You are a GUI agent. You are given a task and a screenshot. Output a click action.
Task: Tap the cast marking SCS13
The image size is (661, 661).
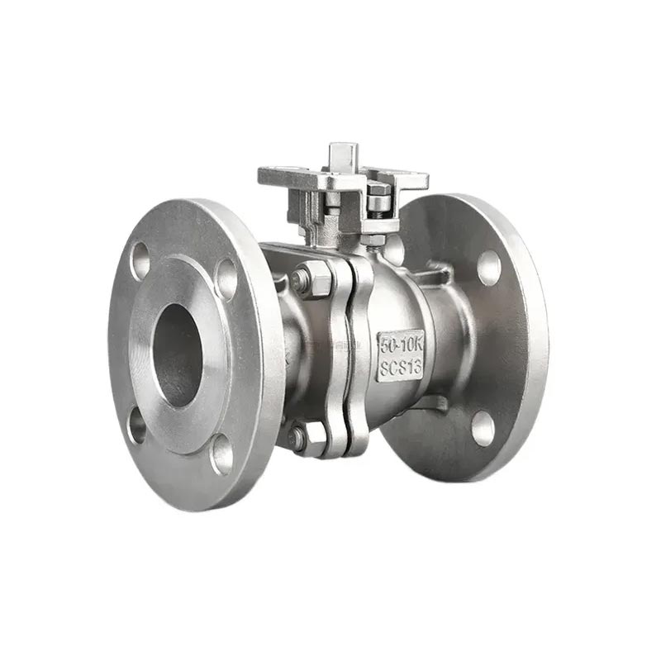coord(401,366)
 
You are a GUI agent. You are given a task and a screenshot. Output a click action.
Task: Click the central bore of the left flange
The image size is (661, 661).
coord(178,354)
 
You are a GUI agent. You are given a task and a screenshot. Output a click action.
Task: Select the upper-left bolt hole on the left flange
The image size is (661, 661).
coord(140,260)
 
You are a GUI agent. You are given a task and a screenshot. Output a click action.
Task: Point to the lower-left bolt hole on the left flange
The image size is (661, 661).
coord(137,426)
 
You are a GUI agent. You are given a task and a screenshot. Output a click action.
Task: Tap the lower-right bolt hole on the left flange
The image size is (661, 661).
coord(221,454)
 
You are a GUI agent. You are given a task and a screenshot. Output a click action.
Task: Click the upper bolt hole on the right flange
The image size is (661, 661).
coord(488,267)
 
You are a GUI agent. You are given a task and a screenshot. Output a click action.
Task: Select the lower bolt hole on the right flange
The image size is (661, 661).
coord(483,428)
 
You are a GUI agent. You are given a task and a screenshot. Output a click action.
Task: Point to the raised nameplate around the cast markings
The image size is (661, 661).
coord(401,354)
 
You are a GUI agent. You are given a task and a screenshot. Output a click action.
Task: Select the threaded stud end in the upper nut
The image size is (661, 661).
coord(302,280)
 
